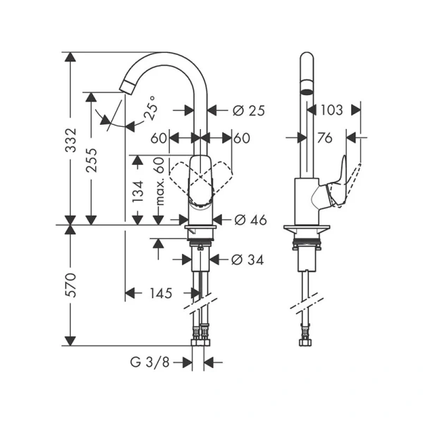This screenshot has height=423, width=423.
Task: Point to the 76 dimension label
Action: (324, 139)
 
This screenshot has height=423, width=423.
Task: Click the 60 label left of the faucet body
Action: (158, 139)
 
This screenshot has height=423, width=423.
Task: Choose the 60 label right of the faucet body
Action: (242, 139)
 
